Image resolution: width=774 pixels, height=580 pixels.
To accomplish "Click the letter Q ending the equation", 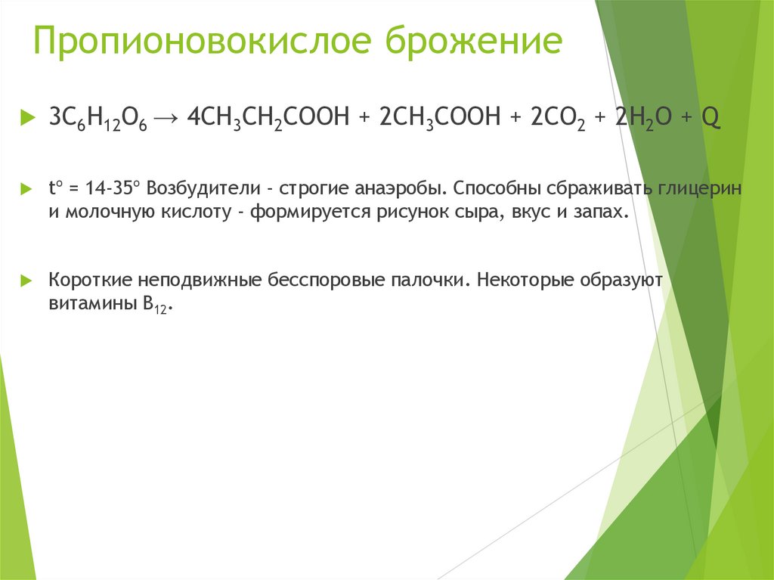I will tap(711, 118).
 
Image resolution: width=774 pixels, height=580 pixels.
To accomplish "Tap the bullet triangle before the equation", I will tap(28, 118).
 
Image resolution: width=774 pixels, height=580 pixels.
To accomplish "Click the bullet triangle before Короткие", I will tap(28, 279).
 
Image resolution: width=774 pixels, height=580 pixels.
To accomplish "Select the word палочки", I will tap(429, 279).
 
